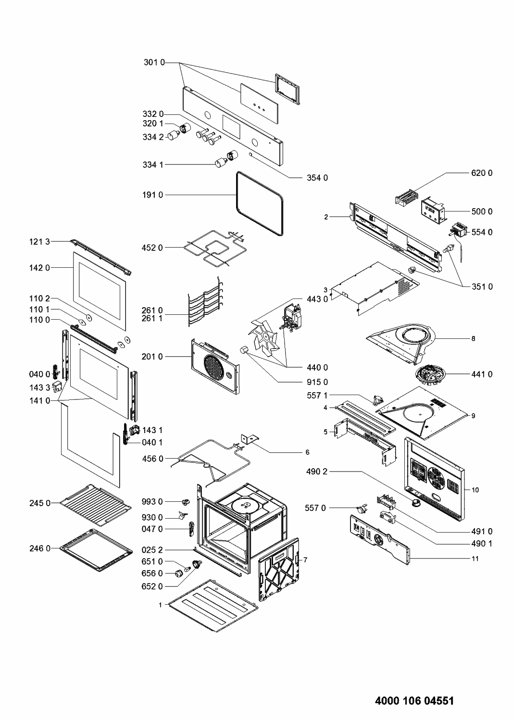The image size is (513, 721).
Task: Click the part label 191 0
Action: click(153, 195)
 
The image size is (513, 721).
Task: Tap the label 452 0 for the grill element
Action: click(153, 248)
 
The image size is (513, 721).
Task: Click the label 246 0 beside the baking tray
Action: click(41, 547)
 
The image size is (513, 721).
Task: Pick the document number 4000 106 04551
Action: click(414, 700)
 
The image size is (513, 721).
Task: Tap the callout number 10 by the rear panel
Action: click(475, 490)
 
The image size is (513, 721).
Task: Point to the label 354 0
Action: click(317, 178)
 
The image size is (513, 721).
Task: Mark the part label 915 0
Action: click(317, 382)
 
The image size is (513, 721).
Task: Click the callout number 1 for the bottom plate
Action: click(161, 605)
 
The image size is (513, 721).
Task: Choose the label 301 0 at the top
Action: click(153, 62)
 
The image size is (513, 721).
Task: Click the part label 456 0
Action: click(153, 459)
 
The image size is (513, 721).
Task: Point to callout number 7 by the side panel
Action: click(305, 560)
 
